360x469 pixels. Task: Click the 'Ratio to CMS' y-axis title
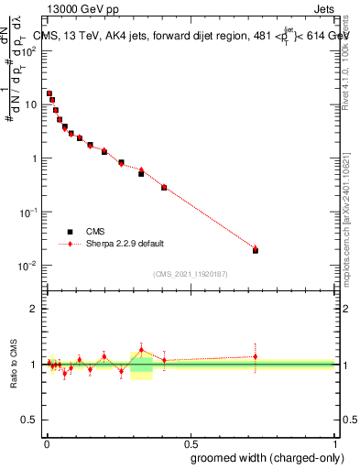pos(15,364)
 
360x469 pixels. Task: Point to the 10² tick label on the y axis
pos(29,50)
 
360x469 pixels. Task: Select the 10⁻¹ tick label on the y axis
pos(29,212)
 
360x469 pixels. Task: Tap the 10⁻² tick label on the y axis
pos(29,266)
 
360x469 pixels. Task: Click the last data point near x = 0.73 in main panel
pos(256,249)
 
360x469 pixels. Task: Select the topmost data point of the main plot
pos(49,93)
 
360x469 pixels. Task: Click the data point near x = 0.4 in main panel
pos(164,187)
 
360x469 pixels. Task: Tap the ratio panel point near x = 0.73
pos(256,356)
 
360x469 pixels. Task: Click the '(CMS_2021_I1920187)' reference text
pos(190,274)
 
